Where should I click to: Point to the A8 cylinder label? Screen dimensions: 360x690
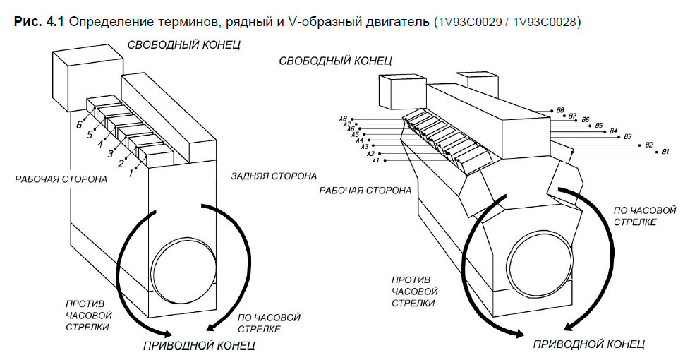point(343,119)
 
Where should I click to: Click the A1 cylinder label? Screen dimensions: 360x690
point(376,162)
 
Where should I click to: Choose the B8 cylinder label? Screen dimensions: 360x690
point(559,110)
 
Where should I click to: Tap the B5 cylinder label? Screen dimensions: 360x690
point(599,126)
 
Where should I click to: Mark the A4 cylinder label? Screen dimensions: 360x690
point(359,140)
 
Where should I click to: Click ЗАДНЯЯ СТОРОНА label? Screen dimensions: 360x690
point(273,176)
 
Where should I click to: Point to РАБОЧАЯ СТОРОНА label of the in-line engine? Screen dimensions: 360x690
point(61,179)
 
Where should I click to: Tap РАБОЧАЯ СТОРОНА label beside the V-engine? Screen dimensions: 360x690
point(365,191)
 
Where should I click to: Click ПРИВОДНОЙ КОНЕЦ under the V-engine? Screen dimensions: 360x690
point(588,344)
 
